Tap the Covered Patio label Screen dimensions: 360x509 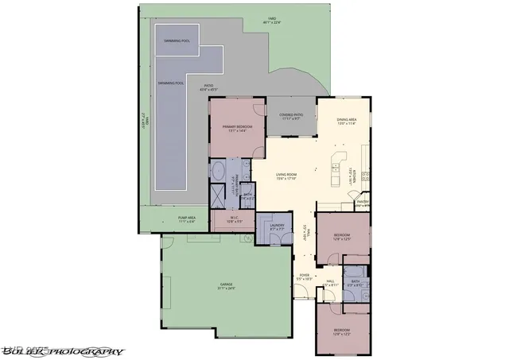pos(289,117)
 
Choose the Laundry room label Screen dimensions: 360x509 pos(277,227)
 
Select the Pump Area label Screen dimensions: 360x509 pos(176,220)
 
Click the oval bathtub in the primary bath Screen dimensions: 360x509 pos(217,171)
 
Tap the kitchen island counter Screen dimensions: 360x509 pos(336,160)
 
